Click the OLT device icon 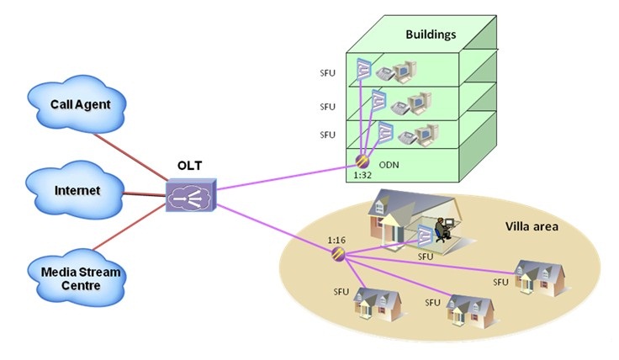[190, 196]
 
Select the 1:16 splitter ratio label [336, 240]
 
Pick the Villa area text [532, 226]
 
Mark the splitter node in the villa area [338, 255]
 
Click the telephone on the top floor [389, 75]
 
